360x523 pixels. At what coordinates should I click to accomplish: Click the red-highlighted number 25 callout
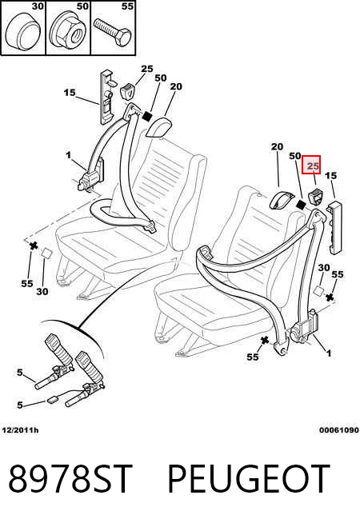(x=311, y=165)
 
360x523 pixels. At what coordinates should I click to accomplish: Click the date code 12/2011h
(x=20, y=430)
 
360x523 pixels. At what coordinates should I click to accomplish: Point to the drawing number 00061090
(x=338, y=430)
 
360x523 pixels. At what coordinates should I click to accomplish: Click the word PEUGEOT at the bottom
(x=249, y=479)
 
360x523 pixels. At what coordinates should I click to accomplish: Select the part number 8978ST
(x=70, y=479)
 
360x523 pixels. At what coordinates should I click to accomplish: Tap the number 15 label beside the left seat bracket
(x=70, y=93)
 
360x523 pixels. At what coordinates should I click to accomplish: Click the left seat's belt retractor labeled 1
(x=90, y=176)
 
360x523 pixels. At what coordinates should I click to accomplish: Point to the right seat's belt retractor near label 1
(x=304, y=329)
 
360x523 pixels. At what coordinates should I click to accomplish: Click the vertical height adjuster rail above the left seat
(x=106, y=97)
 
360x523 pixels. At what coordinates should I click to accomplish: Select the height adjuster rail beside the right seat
(x=335, y=228)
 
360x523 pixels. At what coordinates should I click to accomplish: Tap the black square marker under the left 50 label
(x=147, y=117)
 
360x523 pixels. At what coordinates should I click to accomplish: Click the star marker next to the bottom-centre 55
(x=265, y=341)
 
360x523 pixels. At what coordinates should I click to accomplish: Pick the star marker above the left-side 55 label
(x=34, y=246)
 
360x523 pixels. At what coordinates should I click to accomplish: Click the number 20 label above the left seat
(x=176, y=86)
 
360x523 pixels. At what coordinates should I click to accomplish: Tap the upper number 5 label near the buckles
(x=20, y=372)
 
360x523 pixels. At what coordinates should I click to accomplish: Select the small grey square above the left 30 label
(x=46, y=254)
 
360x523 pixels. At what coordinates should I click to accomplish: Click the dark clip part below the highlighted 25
(x=316, y=197)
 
